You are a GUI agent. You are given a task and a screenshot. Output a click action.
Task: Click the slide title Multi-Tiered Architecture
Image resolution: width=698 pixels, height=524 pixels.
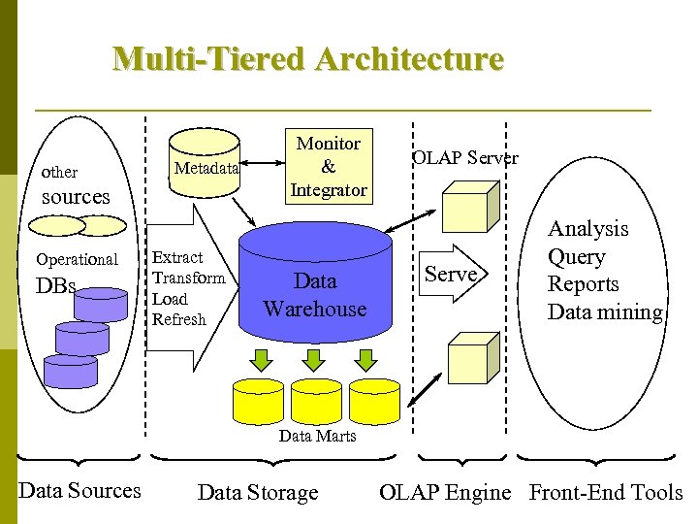click(x=308, y=59)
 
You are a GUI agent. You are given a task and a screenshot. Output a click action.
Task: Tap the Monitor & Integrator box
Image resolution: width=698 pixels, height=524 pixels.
click(x=328, y=167)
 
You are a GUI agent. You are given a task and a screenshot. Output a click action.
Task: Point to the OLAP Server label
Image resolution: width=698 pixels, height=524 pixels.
click(x=465, y=158)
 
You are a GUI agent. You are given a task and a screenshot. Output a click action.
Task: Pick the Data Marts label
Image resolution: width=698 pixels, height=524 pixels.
click(x=317, y=436)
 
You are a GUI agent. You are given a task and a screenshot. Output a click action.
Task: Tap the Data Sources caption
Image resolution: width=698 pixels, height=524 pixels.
click(x=79, y=491)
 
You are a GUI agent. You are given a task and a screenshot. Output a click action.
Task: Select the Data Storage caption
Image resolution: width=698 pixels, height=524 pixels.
click(x=257, y=493)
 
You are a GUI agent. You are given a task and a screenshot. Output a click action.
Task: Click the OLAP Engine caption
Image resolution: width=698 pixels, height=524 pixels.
click(x=445, y=492)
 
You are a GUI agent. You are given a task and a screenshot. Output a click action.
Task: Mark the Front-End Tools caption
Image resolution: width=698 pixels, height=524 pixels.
click(x=606, y=492)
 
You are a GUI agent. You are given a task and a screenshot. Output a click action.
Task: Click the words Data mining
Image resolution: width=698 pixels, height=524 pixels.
click(x=605, y=312)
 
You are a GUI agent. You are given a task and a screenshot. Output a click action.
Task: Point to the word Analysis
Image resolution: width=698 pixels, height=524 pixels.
click(x=588, y=229)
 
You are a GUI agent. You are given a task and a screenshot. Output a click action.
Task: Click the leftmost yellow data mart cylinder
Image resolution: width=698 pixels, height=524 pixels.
click(x=260, y=399)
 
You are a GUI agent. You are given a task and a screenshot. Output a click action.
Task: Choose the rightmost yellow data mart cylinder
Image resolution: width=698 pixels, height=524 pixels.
click(x=374, y=399)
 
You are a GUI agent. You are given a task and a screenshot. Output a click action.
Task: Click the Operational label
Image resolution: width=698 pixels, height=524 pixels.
click(x=77, y=259)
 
